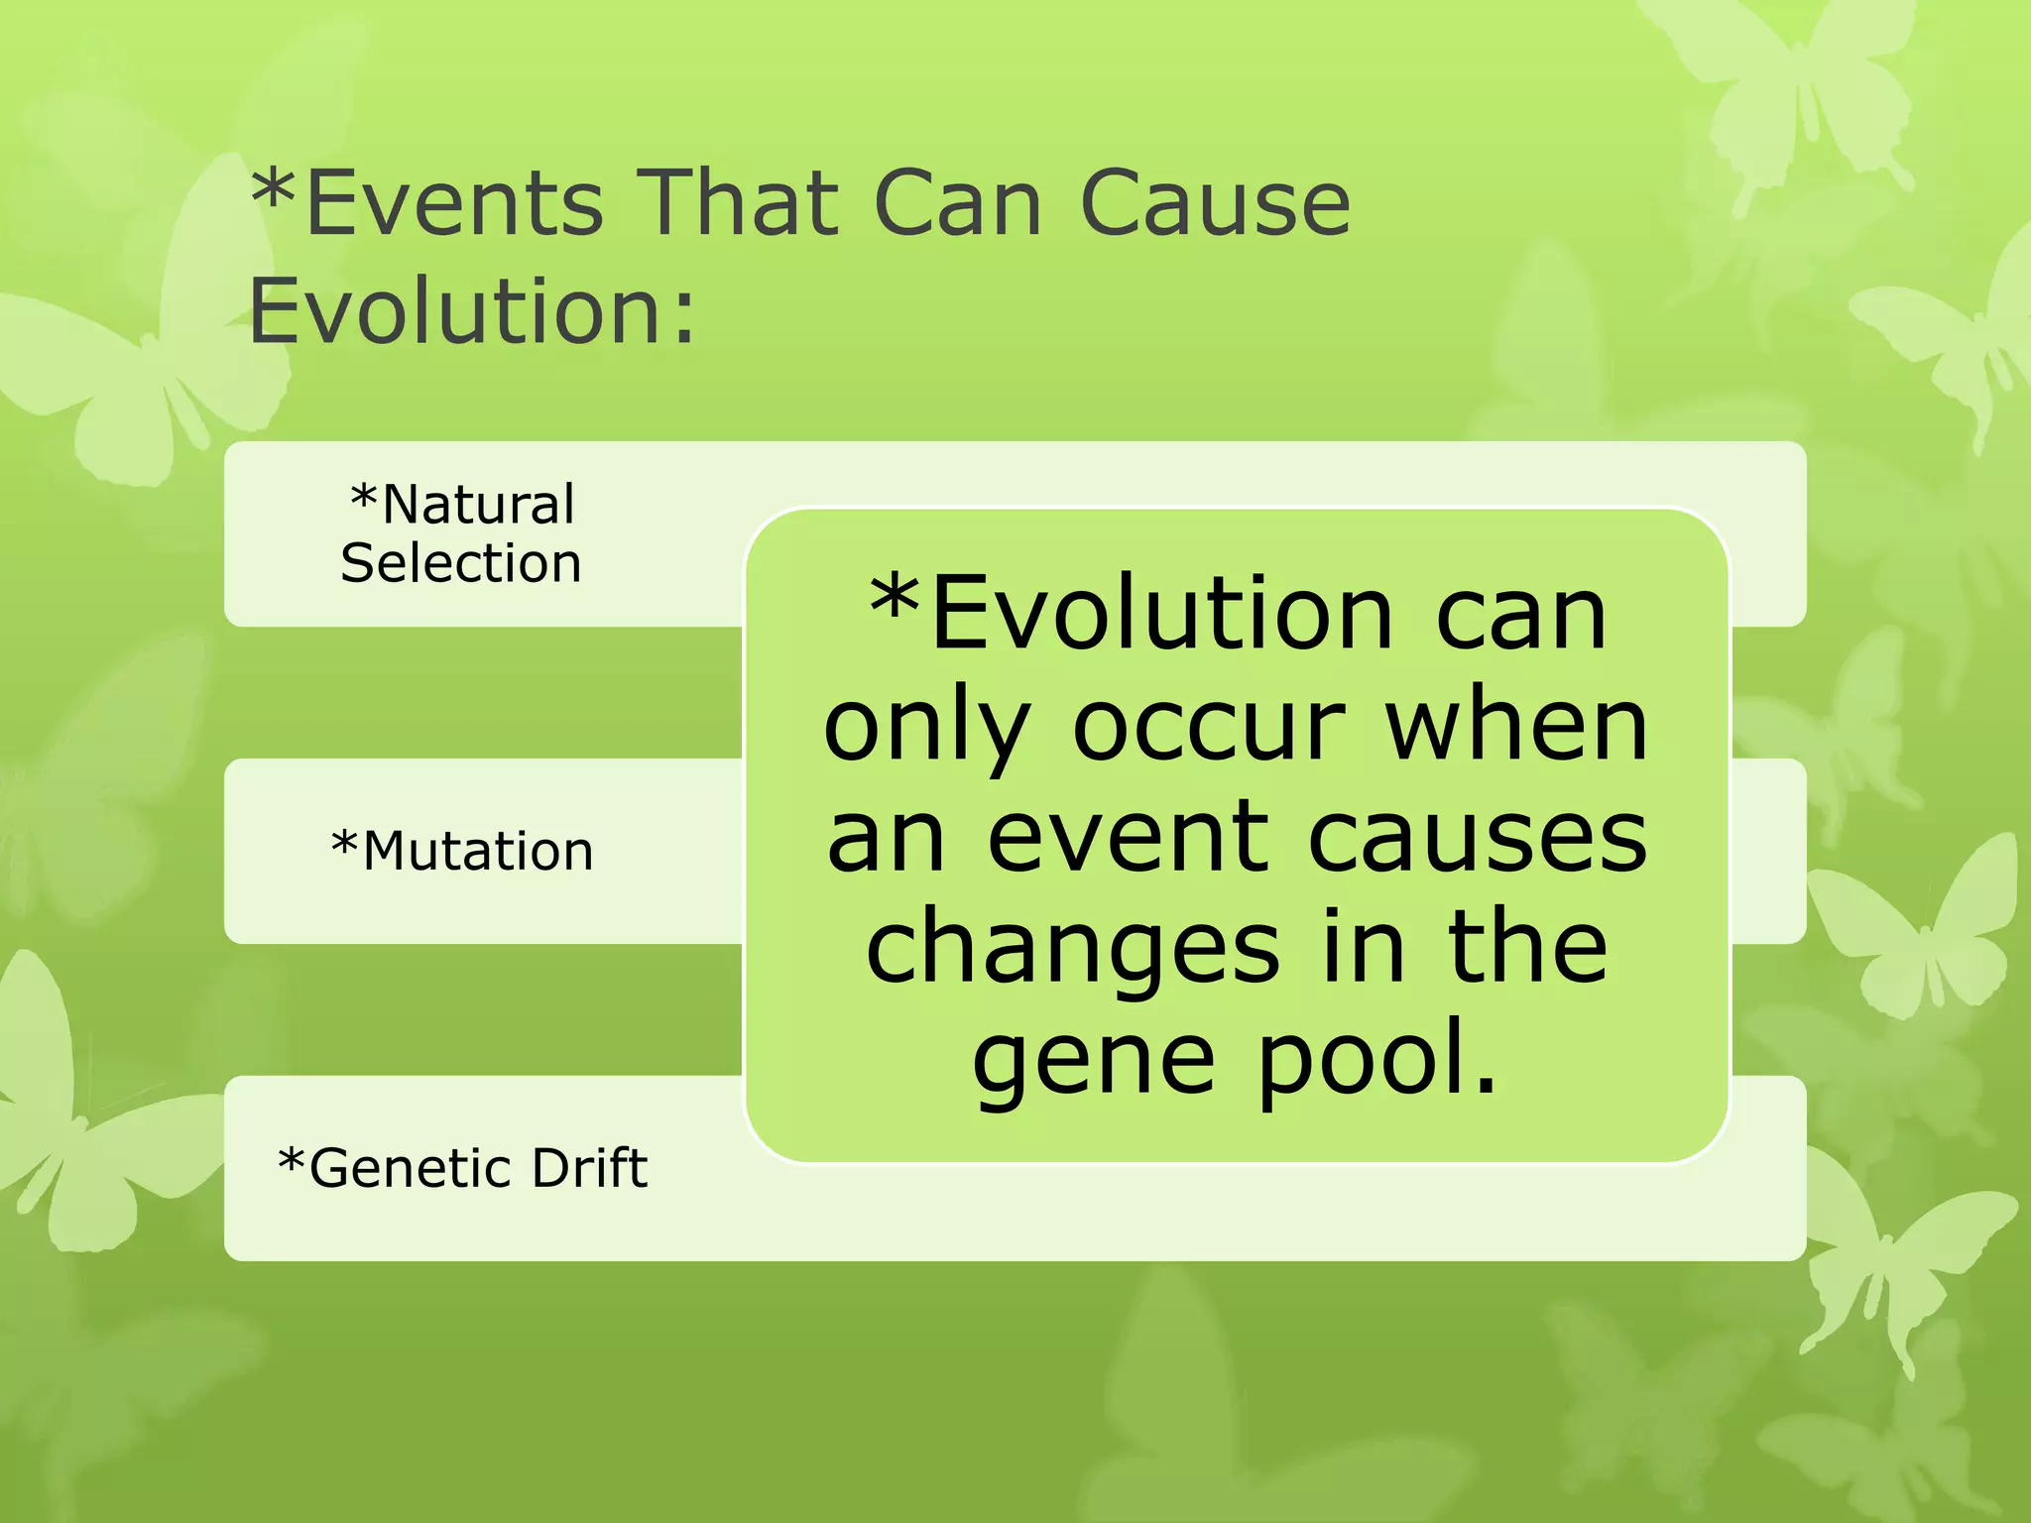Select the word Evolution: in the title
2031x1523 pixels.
[472, 310]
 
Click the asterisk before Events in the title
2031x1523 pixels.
[274, 188]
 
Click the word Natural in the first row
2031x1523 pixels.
[478, 505]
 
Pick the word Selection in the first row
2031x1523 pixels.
[461, 563]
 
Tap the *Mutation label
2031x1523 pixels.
[462, 851]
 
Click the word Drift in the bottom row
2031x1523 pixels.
[590, 1167]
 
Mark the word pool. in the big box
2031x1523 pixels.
[1378, 1061]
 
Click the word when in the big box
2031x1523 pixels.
[1516, 727]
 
